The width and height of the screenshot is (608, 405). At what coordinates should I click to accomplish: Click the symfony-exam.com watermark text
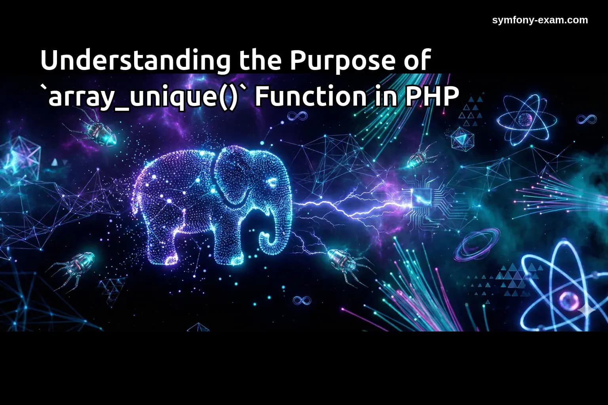pos(540,20)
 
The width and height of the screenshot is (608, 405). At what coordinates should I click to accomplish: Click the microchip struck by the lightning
pos(420,198)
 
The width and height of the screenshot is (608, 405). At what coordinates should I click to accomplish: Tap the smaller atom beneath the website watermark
pos(526,119)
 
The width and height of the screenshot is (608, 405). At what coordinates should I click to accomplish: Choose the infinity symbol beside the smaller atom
pos(586,119)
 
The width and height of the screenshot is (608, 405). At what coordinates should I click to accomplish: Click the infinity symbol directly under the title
pos(297,116)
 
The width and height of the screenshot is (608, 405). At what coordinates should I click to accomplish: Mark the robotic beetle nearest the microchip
pos(420,158)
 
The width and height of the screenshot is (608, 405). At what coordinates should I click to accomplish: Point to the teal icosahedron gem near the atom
pos(462,138)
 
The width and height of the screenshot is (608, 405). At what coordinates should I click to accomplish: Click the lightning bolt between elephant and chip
pos(348,206)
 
